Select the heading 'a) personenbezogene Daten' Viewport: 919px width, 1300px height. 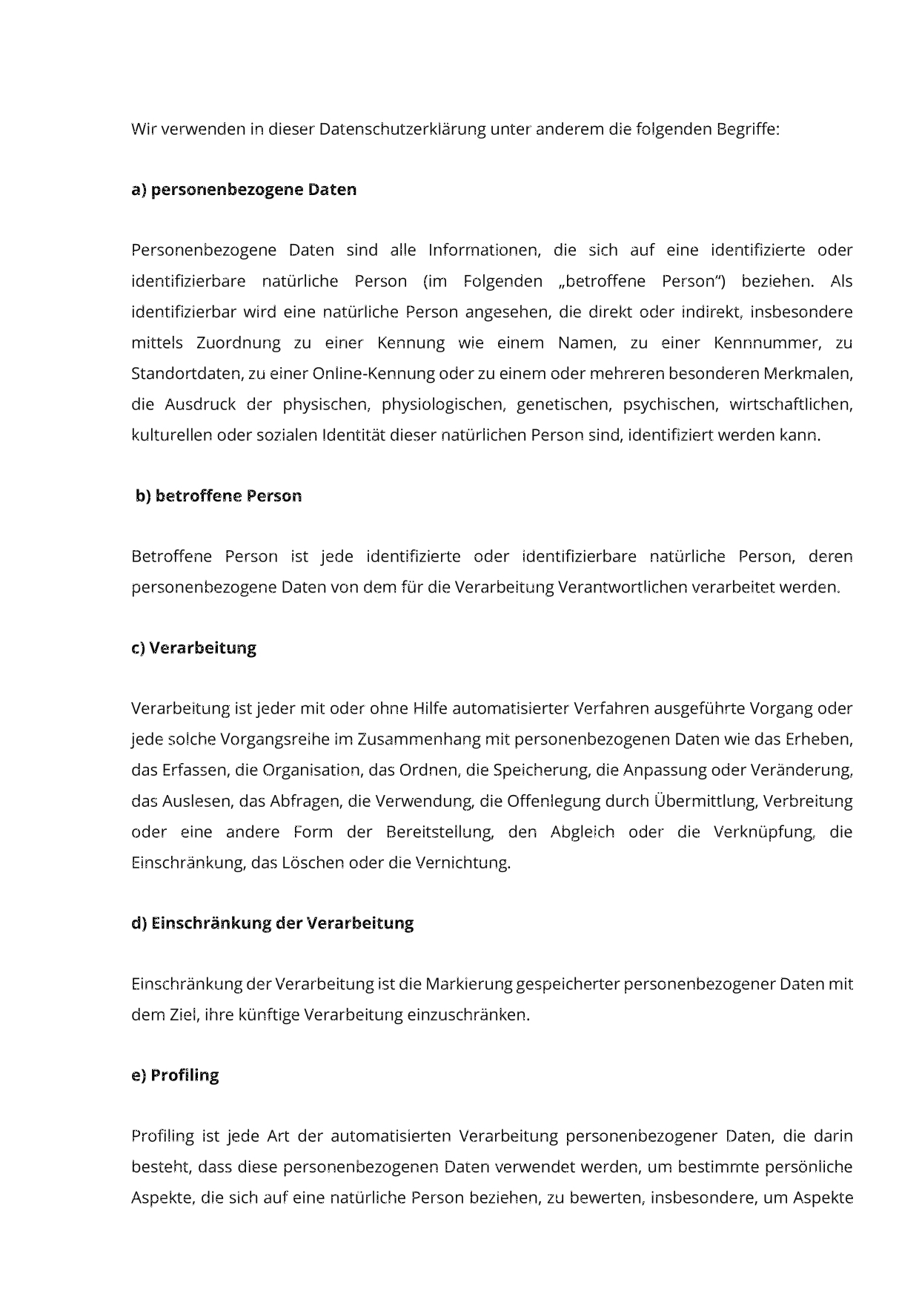pos(244,190)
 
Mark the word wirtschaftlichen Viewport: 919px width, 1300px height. pos(791,405)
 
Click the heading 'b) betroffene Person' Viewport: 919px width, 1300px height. pos(219,496)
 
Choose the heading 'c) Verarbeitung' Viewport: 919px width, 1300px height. pos(194,648)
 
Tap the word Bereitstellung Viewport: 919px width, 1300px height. pos(440,832)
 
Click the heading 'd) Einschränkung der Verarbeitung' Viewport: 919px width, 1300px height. pos(272,923)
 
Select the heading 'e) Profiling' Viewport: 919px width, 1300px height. pos(175,1075)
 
